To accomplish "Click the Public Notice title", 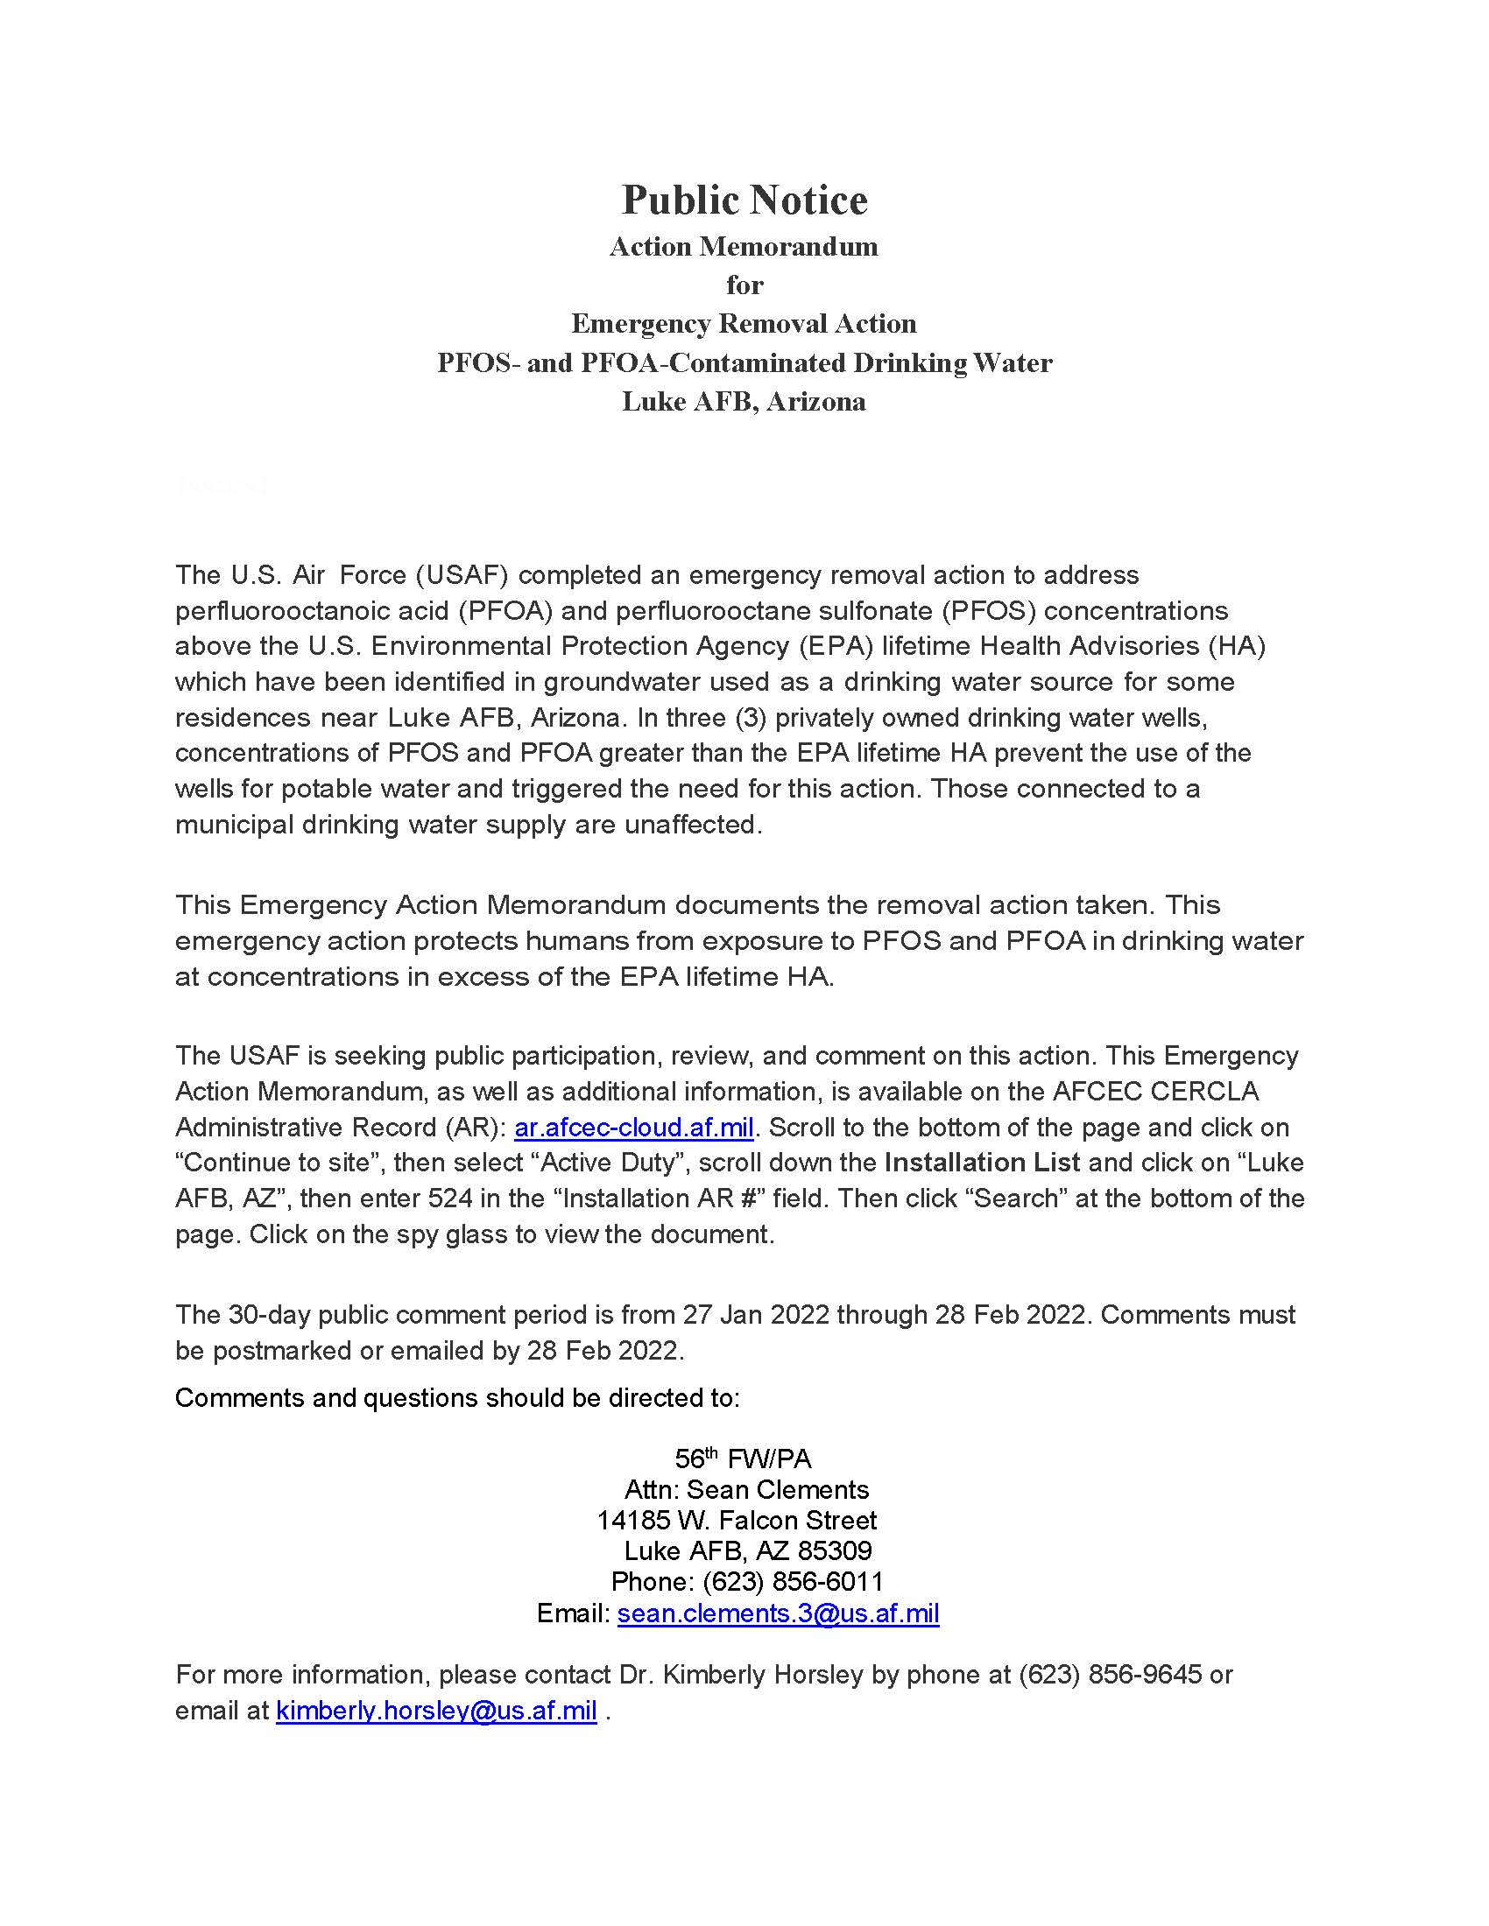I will pos(744,200).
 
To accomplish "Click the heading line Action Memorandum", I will pos(744,247).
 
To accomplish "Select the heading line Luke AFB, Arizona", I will pos(744,402).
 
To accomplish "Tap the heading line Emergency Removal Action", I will pos(744,325).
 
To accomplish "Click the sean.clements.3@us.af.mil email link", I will pos(778,1613).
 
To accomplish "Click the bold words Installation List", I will pos(982,1163).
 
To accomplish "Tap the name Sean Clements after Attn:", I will pos(777,1489).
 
